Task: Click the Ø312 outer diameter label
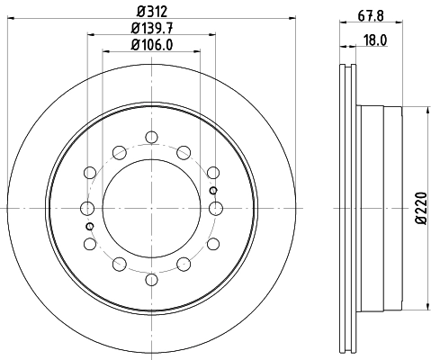[151, 12]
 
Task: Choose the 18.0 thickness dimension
[370, 40]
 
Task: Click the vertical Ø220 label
[419, 209]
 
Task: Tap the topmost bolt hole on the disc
[151, 138]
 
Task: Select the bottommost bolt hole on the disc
[151, 280]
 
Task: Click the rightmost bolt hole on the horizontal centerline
[215, 209]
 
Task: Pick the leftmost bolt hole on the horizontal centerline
[87, 209]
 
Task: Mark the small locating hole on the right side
[212, 191]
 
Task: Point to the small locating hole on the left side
[89, 227]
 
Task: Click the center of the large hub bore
[151, 209]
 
